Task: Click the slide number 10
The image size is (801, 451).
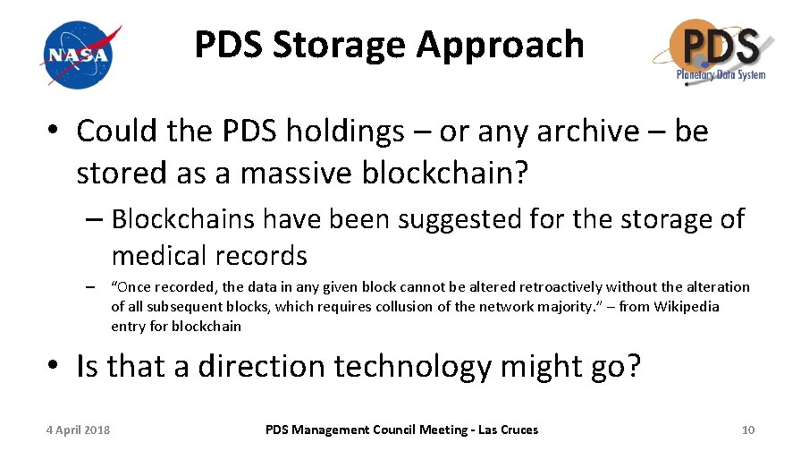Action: (x=748, y=430)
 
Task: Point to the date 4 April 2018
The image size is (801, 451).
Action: (x=79, y=430)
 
